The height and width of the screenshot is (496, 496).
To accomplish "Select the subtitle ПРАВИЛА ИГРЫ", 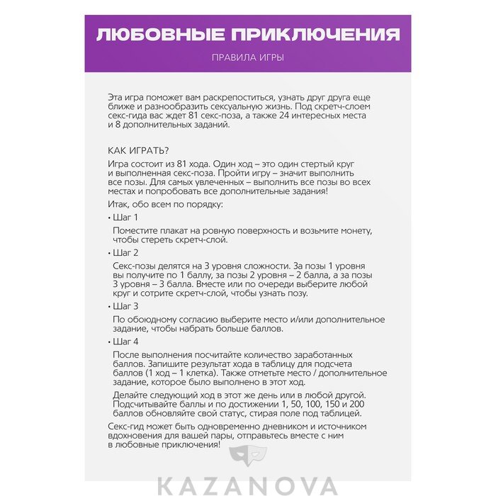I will [248, 57].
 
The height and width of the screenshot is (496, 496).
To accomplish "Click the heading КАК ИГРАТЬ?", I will [138, 150].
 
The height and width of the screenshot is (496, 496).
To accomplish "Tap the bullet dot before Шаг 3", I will [110, 307].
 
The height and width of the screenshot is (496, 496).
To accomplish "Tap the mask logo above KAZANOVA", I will [248, 461].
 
